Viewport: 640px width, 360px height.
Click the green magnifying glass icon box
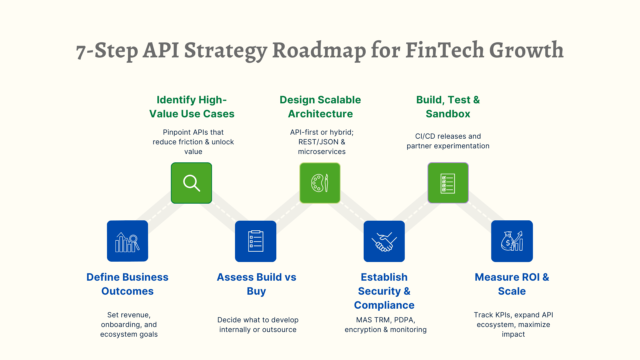[191, 183]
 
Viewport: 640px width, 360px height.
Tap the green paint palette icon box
[320, 183]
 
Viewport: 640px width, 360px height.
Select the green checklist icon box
[448, 183]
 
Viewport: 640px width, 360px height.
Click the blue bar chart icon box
[127, 241]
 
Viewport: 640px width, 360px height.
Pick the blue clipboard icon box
[256, 241]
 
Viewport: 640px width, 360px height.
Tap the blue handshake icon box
[384, 241]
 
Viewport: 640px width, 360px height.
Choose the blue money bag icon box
[512, 241]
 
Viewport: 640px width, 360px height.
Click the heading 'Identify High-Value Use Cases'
[192, 107]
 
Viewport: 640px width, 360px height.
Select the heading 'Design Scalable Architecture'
[320, 107]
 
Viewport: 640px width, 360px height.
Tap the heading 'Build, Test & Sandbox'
[448, 107]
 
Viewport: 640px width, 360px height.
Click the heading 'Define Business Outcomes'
[127, 284]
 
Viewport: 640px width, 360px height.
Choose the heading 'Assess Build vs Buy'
[256, 284]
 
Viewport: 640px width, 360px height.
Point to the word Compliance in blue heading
[384, 305]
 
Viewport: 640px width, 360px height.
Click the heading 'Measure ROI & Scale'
[512, 284]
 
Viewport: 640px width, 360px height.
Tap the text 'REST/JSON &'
[322, 142]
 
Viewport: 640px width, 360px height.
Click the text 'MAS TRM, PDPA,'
[385, 320]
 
